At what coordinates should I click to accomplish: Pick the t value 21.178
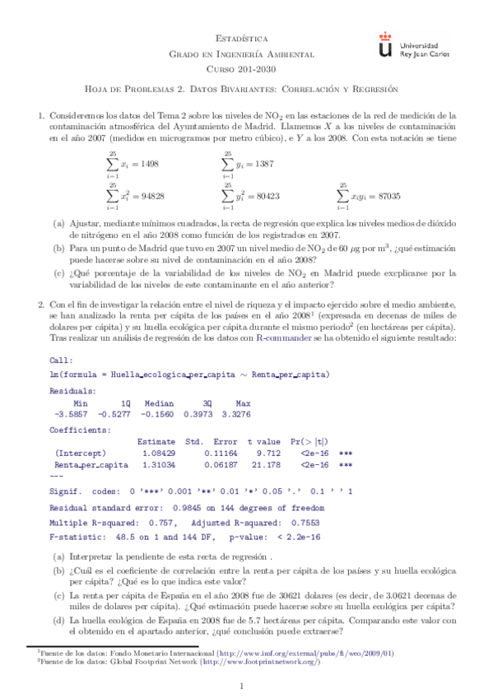pyautogui.click(x=264, y=464)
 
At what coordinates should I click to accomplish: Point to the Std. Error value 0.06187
pyautogui.click(x=212, y=464)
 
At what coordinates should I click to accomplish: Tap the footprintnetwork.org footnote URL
pyautogui.click(x=277, y=661)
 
